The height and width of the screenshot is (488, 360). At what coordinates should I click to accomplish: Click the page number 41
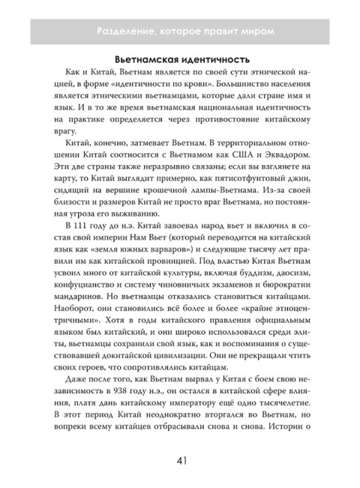(180, 459)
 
